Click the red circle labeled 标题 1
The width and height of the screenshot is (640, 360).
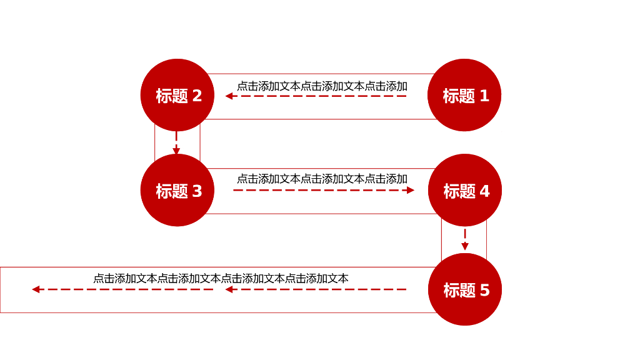(x=464, y=95)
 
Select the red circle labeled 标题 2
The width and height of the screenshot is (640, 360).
(x=177, y=95)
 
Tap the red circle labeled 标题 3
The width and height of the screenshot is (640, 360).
(x=177, y=190)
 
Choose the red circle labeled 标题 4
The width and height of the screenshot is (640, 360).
(x=465, y=190)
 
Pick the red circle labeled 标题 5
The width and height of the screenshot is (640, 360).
(x=465, y=289)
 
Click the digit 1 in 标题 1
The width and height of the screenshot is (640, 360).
(x=484, y=96)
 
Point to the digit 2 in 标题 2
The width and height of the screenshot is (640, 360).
(x=197, y=96)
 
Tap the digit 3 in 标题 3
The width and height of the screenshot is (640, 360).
(x=197, y=191)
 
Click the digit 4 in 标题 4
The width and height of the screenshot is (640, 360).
(x=484, y=191)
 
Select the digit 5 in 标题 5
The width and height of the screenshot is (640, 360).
(x=484, y=290)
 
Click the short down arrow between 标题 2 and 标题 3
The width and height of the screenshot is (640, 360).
(x=176, y=143)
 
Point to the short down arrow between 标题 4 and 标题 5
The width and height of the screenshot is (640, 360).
(x=465, y=239)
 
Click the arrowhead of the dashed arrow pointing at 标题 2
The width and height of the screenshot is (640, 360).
(x=229, y=96)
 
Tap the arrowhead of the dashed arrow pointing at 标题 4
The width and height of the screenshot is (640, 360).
(x=411, y=190)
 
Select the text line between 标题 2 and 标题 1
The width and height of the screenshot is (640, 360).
(x=322, y=86)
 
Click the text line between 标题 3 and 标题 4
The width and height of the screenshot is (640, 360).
(x=322, y=179)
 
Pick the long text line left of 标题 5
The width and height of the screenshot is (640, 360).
(x=221, y=279)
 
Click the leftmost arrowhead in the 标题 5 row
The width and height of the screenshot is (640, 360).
(x=36, y=289)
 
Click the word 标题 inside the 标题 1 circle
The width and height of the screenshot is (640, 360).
(x=459, y=96)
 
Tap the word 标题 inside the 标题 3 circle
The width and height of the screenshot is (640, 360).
(x=171, y=191)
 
